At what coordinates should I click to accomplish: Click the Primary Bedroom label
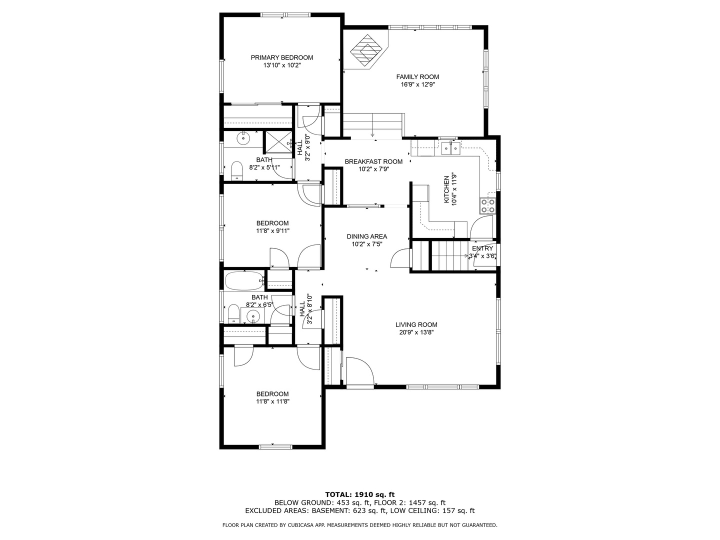click(282, 57)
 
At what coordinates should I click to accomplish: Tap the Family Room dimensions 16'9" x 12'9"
click(417, 84)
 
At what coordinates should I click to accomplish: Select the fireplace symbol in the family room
click(366, 51)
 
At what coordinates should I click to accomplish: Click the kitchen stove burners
click(488, 206)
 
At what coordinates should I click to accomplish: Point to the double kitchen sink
click(450, 148)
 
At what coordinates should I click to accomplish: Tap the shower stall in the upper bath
click(278, 142)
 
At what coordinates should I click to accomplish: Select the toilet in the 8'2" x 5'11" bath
click(236, 170)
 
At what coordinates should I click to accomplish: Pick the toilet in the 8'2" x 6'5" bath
click(233, 313)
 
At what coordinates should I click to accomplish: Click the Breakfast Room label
click(373, 161)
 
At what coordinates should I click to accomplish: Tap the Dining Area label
click(366, 236)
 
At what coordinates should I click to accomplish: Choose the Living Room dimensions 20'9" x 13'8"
click(416, 332)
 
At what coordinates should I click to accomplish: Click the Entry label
click(482, 248)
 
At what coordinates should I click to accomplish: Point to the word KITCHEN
click(446, 189)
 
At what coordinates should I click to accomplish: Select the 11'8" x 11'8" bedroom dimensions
click(273, 401)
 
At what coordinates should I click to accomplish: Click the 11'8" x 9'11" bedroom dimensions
click(273, 231)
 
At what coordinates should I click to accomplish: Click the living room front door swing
click(360, 371)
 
